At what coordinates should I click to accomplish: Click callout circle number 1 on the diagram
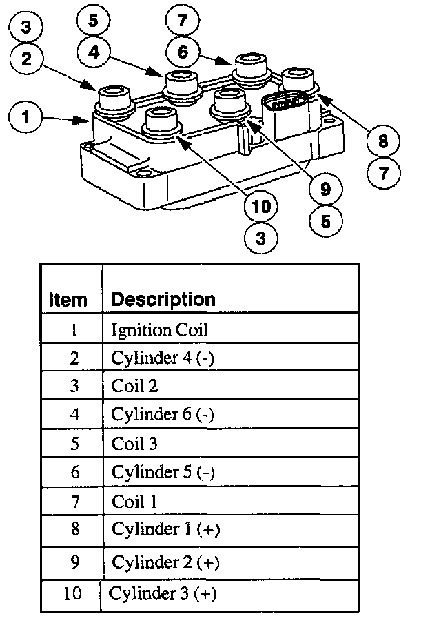click(25, 116)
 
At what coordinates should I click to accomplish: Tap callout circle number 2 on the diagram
click(25, 59)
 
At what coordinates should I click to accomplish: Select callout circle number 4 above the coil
click(93, 51)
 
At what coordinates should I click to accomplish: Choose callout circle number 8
click(383, 141)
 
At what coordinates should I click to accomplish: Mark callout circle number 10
click(260, 206)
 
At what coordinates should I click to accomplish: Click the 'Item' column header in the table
click(68, 300)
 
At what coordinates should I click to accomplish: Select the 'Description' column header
click(163, 299)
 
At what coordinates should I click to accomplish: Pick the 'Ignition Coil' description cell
click(159, 329)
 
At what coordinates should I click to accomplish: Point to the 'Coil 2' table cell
click(134, 386)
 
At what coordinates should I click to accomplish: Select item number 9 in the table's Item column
click(74, 562)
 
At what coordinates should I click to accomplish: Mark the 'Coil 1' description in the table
click(134, 501)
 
